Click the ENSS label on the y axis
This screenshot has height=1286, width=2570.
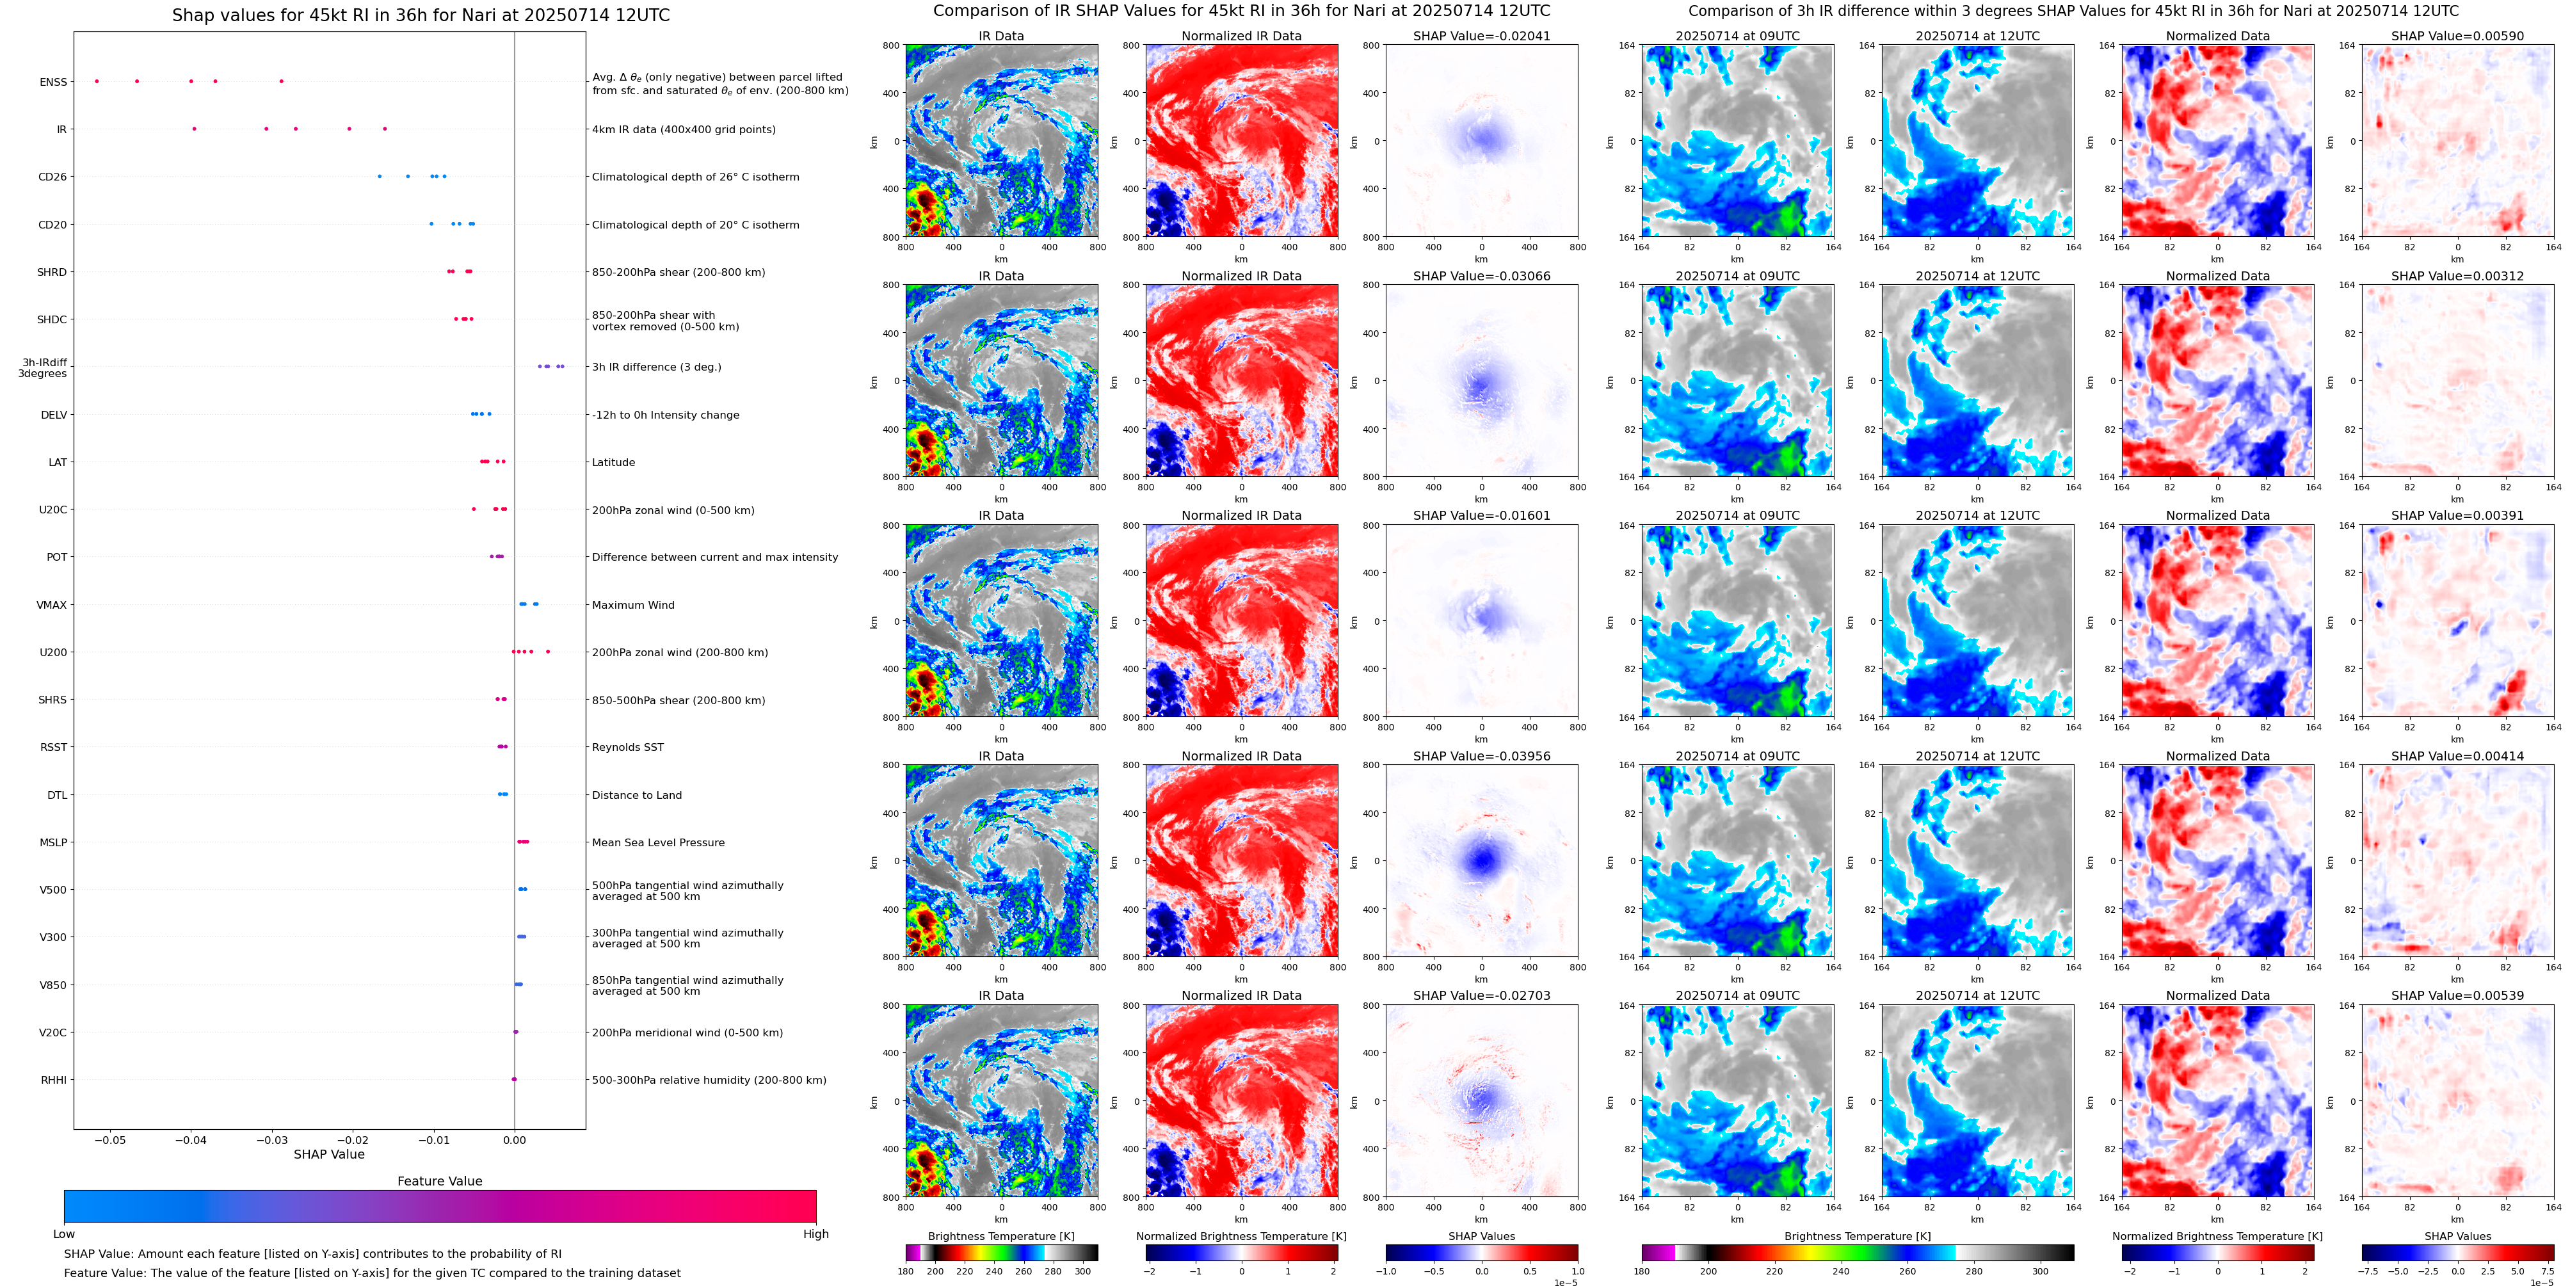(53, 82)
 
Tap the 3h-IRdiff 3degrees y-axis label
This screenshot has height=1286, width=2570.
(44, 368)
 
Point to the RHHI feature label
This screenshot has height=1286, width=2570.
(53, 1079)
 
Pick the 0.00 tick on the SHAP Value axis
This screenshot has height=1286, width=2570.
(514, 1139)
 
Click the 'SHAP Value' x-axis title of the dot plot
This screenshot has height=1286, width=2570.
(328, 1154)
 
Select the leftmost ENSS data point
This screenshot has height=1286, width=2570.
(97, 81)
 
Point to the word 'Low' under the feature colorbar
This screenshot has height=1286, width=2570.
(64, 1234)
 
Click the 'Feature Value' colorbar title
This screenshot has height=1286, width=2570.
(439, 1181)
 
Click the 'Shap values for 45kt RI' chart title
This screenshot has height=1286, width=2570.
(420, 15)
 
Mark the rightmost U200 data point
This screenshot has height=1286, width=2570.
(548, 652)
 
